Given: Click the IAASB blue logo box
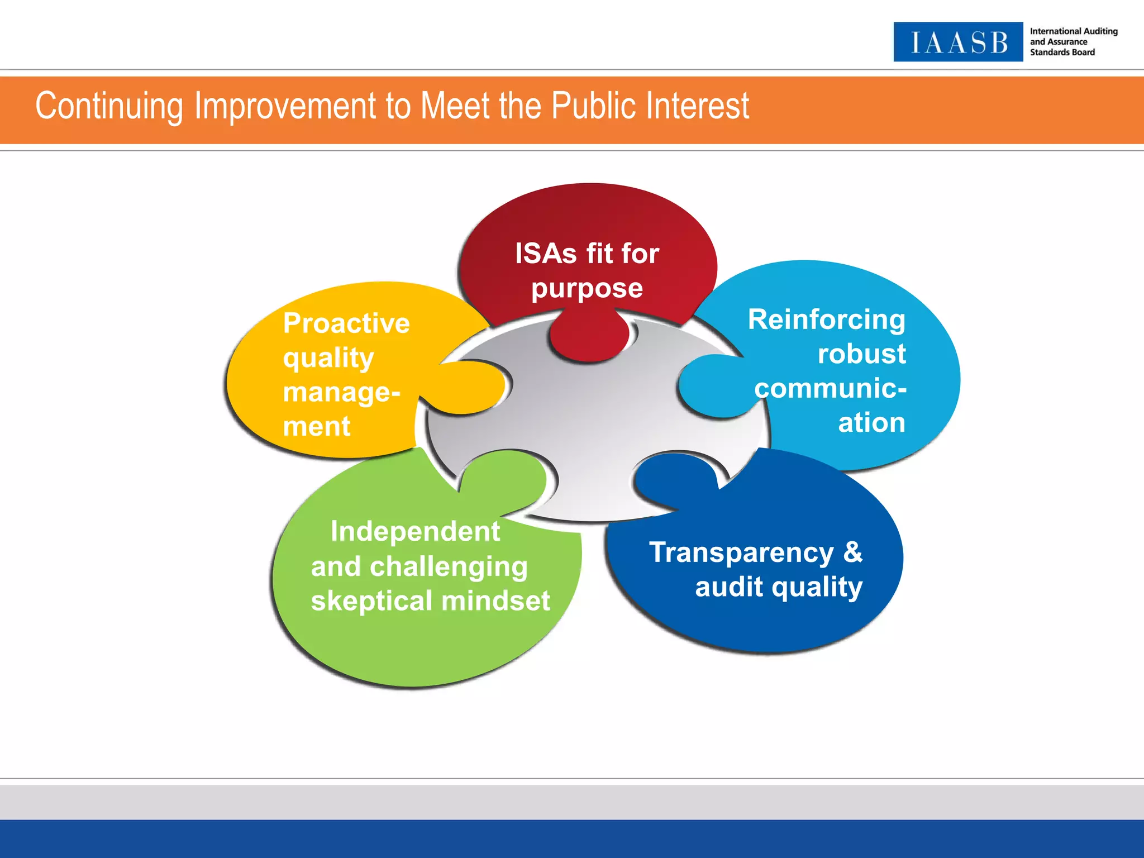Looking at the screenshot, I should (x=957, y=42).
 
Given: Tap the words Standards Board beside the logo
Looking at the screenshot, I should (x=1062, y=53).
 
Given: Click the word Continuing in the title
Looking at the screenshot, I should (x=109, y=106).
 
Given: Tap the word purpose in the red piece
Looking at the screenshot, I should (x=587, y=289).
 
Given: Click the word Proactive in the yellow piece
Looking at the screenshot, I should (x=346, y=323).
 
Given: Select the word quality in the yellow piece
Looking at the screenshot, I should (x=328, y=358).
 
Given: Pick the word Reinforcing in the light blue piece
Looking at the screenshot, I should (x=826, y=320).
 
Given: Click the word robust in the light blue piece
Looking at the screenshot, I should (x=861, y=354).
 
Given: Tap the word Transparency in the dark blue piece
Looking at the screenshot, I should (x=741, y=553).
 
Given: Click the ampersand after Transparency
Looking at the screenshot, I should (x=853, y=552).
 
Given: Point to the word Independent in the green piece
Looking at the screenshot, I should (x=415, y=531).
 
